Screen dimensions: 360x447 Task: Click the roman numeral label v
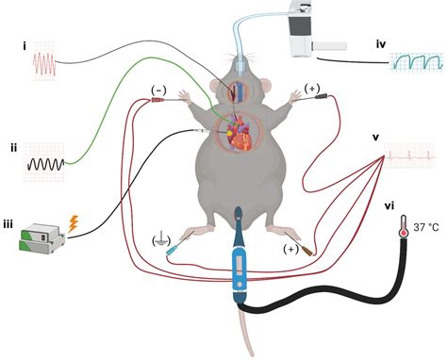click(x=375, y=138)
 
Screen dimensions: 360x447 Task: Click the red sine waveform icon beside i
click(x=46, y=64)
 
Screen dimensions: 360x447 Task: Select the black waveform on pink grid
click(x=43, y=162)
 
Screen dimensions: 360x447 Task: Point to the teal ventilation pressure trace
click(x=416, y=64)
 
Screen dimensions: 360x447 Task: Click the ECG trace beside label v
click(x=413, y=151)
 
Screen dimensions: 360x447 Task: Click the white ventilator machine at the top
click(x=310, y=29)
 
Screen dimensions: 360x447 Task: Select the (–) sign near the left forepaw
click(x=158, y=89)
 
